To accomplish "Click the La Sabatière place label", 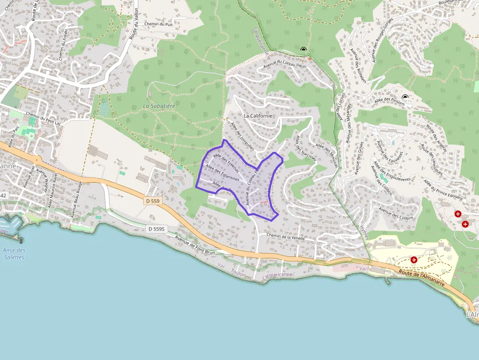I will coord(159,106).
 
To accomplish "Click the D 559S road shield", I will coord(157,229).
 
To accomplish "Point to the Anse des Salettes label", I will coord(14,254).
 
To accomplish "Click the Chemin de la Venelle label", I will coord(286,236).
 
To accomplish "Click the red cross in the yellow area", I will coord(414,260).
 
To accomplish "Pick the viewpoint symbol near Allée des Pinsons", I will coord(405,97).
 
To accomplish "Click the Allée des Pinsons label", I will coord(390,100).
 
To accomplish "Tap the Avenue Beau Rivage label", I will coord(76,199).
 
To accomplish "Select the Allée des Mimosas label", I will coord(327,155).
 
